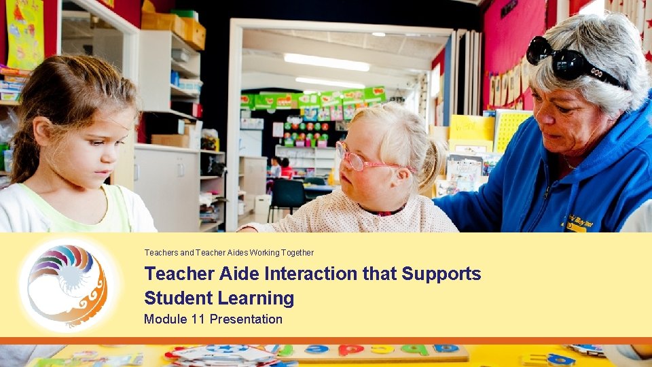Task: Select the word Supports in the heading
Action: click(441, 274)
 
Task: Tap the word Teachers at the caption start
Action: click(160, 253)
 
